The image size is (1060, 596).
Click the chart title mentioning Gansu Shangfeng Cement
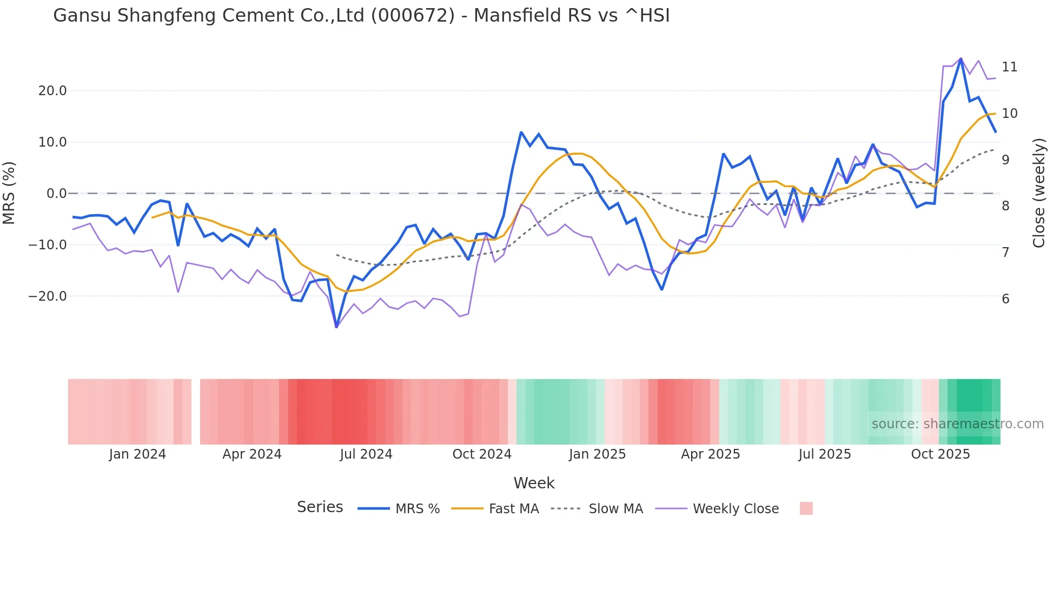(x=361, y=16)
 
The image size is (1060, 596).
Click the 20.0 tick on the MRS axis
(x=52, y=91)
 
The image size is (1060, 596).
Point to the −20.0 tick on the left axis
(x=48, y=296)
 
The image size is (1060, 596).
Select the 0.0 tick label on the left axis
(x=56, y=194)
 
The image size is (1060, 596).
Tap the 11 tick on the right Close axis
(x=1009, y=67)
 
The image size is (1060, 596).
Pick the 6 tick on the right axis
(x=1005, y=299)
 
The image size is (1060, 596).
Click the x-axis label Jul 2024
(x=366, y=454)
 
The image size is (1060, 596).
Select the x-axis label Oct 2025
(x=940, y=454)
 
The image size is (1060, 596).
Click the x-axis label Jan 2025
(x=597, y=454)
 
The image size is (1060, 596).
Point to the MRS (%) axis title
(x=9, y=193)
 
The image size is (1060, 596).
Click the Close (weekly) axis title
(x=1039, y=193)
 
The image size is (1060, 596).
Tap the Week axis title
(x=534, y=483)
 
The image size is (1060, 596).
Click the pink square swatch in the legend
(x=806, y=508)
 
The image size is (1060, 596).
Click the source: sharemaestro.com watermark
(x=957, y=424)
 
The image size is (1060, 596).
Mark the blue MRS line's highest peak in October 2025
(x=960, y=58)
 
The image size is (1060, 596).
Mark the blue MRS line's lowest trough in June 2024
(x=336, y=327)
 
